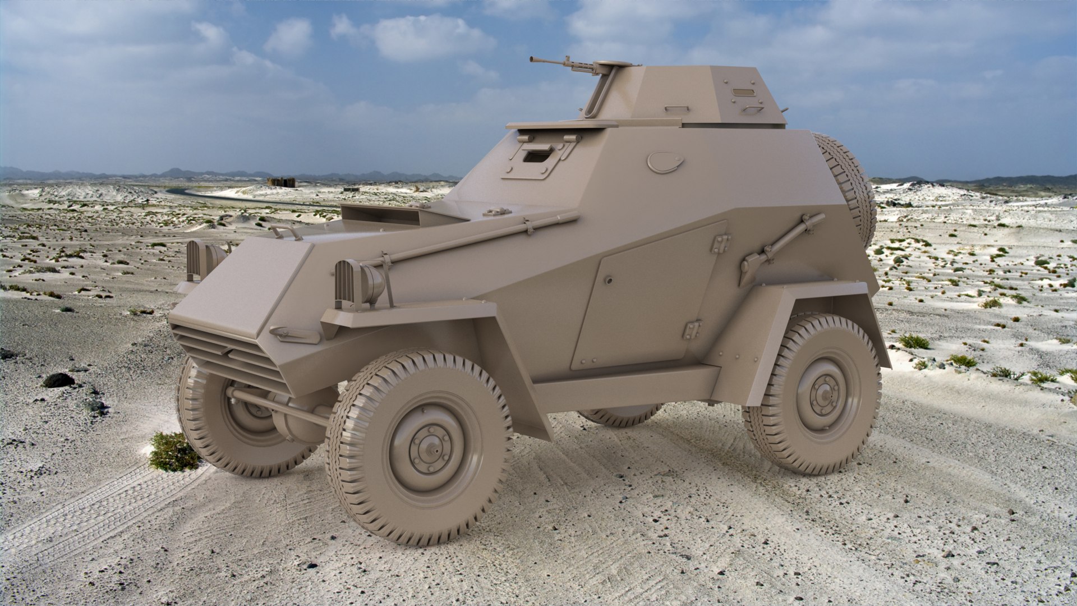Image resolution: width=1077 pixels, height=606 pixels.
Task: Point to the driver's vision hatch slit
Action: click(537, 157)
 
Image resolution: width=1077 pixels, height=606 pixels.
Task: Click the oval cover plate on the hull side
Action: click(665, 162)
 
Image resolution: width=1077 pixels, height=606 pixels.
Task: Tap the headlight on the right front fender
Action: click(359, 285)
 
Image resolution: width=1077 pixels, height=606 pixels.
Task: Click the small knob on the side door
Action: click(609, 281)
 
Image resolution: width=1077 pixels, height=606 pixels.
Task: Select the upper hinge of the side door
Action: click(720, 243)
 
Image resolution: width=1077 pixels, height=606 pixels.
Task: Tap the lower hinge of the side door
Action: click(692, 329)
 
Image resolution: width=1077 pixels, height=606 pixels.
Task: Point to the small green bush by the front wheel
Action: click(173, 452)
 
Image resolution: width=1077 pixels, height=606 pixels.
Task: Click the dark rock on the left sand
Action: click(58, 380)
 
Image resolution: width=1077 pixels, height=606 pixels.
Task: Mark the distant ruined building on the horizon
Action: click(281, 182)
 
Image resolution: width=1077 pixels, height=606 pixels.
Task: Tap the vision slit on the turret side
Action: click(744, 91)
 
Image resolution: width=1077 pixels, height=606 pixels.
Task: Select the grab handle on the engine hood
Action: click(284, 231)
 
